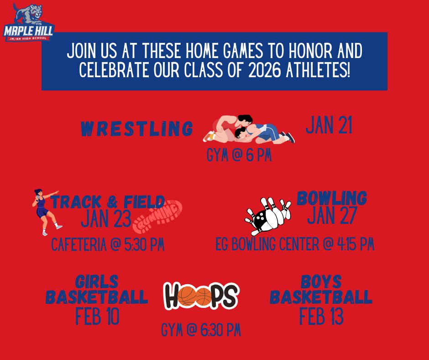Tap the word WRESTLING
[136, 129]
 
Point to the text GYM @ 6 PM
[239, 156]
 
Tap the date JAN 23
[106, 219]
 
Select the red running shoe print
[157, 216]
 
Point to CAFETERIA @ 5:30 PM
[107, 245]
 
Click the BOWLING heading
[332, 198]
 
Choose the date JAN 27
[331, 216]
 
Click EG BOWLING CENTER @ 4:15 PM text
[295, 245]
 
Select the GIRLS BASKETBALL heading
[97, 290]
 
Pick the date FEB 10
[97, 316]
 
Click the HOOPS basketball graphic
[201, 296]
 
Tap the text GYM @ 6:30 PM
[201, 330]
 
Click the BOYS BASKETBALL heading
[321, 290]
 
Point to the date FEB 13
[321, 316]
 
